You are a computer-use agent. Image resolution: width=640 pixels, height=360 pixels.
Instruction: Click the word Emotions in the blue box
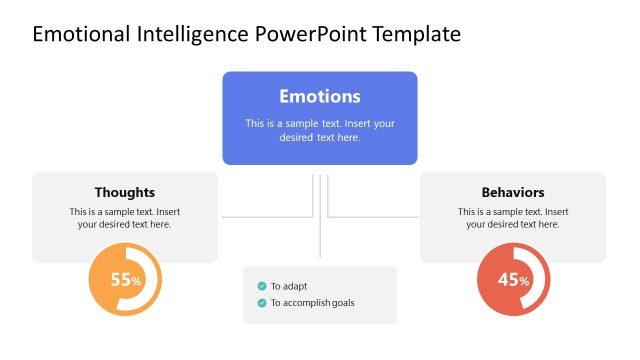point(319,97)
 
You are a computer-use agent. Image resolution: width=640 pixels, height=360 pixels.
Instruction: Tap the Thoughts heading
point(125,192)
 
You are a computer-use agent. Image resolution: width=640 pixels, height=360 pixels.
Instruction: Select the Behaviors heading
point(512,192)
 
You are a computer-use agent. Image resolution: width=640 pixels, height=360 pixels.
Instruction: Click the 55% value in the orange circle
point(125,281)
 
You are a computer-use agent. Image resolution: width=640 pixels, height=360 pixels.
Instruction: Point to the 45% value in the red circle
point(512,281)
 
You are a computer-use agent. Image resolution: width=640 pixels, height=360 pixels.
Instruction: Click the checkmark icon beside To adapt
point(262,286)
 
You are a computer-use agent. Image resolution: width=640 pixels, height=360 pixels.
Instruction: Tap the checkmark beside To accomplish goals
point(262,303)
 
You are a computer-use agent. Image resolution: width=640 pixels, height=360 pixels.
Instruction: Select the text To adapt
point(289,286)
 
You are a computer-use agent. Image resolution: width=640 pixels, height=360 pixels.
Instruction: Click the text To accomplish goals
point(312,303)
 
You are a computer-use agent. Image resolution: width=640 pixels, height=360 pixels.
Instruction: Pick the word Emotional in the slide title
point(79,34)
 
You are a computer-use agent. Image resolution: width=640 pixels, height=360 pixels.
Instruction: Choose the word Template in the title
point(416,34)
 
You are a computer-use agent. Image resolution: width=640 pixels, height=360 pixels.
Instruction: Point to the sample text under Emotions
point(319,130)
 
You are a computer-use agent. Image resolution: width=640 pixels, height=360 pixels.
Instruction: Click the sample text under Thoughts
point(125,218)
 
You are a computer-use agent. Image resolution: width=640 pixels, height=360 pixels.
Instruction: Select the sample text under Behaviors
point(512,218)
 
